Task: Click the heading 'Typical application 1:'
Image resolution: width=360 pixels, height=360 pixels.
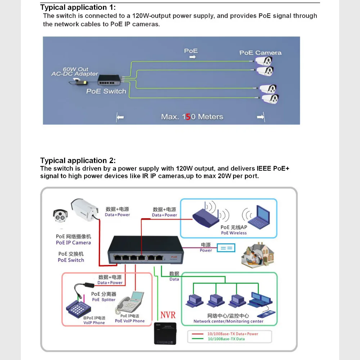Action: (78, 7)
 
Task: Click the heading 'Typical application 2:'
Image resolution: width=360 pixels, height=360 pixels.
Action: (78, 161)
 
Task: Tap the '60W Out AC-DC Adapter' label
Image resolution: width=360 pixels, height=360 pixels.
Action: (75, 71)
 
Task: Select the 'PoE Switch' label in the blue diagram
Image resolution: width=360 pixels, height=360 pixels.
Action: (106, 91)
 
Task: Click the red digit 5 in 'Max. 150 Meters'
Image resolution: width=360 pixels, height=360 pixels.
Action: (188, 117)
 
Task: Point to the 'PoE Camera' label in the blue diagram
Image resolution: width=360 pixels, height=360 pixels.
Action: (260, 53)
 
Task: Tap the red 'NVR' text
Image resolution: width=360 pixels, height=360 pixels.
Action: (168, 315)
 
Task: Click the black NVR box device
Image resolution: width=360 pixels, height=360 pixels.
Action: (166, 333)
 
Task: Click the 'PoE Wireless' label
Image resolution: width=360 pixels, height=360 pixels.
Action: (234, 233)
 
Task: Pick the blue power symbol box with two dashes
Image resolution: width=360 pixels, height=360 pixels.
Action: (226, 248)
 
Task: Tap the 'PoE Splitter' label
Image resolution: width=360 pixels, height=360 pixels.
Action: (104, 300)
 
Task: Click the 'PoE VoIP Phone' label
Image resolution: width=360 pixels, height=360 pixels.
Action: (130, 321)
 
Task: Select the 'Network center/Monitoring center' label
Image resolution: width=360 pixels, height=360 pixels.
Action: (228, 321)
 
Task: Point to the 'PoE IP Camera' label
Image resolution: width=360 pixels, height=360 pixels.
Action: (73, 243)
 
